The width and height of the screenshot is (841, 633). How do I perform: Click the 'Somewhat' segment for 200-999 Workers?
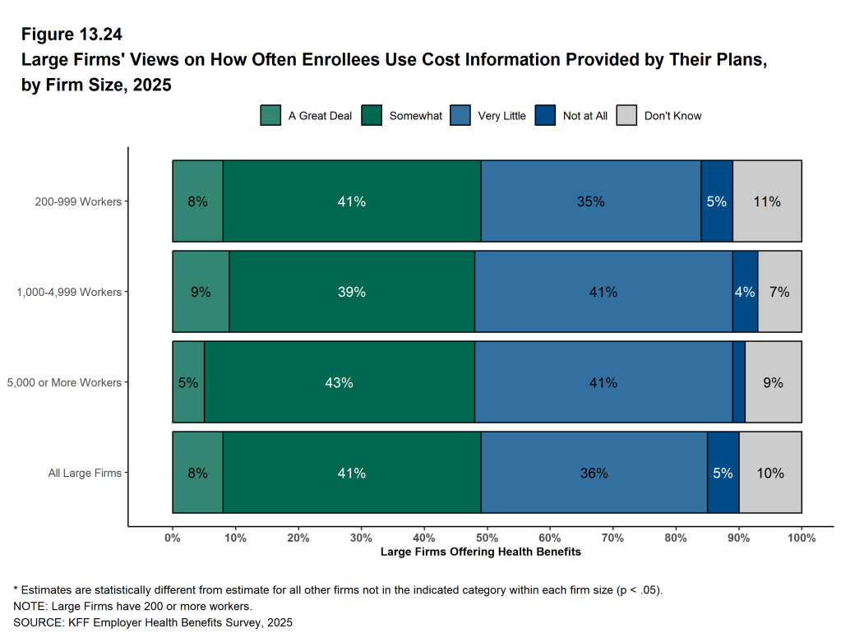(351, 201)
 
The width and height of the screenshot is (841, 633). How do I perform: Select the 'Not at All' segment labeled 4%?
(745, 292)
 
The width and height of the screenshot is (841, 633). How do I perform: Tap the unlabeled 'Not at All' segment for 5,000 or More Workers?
(738, 382)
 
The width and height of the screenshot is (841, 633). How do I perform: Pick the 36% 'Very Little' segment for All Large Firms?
(594, 473)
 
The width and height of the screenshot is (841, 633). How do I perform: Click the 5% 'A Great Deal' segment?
(188, 382)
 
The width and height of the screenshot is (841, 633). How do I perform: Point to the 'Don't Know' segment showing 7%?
(779, 292)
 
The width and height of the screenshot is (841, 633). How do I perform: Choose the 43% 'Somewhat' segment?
(339, 382)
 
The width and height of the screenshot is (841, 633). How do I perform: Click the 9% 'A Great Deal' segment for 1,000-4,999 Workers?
(201, 292)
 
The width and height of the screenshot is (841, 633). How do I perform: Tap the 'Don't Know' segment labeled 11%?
(767, 201)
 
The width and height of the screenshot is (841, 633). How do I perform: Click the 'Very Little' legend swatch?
(460, 115)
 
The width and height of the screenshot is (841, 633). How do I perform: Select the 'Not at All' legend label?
(585, 116)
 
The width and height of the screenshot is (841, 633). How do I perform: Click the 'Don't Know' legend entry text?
(672, 116)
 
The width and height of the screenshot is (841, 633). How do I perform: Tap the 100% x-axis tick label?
(801, 538)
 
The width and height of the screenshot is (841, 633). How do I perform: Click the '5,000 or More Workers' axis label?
(63, 382)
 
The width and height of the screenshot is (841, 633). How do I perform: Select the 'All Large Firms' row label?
(85, 473)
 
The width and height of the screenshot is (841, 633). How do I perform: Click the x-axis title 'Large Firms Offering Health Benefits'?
(480, 552)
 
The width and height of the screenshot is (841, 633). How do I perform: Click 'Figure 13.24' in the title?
(72, 35)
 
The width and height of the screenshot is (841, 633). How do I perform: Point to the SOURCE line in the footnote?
(153, 622)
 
